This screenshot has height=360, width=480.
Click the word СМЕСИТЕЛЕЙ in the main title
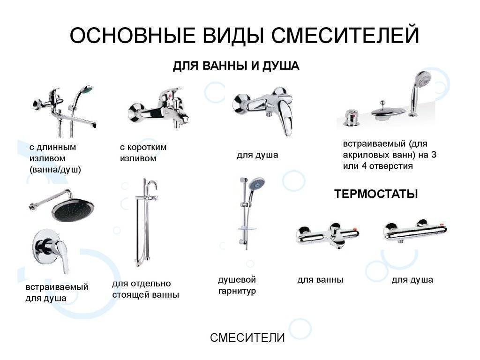(345, 35)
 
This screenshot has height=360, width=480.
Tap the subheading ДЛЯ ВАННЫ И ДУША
(236, 66)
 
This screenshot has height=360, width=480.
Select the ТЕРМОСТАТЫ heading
(376, 194)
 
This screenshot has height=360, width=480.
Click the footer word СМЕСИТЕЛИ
(247, 337)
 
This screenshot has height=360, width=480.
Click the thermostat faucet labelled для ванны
(328, 235)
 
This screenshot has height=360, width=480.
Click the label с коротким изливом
(143, 153)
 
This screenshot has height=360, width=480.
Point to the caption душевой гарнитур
(237, 285)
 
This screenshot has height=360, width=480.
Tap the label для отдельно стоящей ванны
(146, 289)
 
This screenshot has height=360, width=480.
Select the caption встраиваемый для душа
(57, 292)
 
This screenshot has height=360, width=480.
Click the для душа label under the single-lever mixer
(257, 155)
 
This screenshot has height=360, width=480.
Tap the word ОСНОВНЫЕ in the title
(133, 35)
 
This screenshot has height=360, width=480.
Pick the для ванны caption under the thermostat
(320, 280)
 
